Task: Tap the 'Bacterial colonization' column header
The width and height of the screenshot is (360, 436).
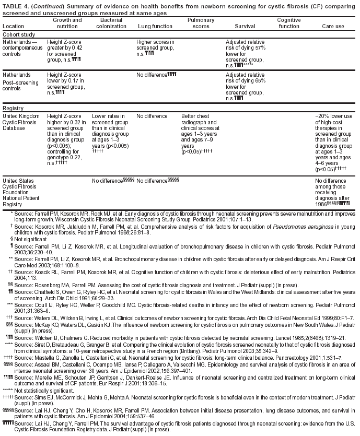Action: point(111,22)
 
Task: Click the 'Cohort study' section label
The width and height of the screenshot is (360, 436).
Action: point(19,34)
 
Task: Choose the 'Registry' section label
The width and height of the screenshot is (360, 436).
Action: point(14,108)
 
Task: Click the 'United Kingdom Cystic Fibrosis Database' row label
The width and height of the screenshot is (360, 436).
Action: point(21,121)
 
